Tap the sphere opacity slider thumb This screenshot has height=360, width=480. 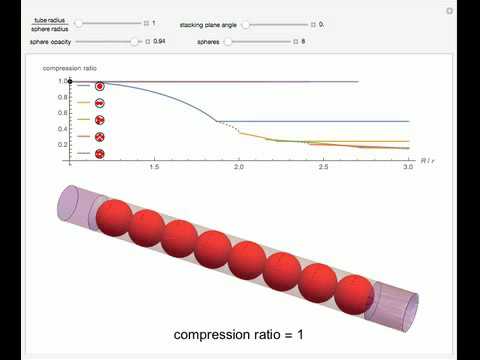(x=135, y=42)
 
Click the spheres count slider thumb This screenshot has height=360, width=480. (x=229, y=42)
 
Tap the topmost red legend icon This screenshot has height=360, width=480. (x=99, y=87)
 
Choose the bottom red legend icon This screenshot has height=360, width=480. (x=99, y=154)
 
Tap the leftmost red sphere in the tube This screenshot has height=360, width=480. (x=115, y=217)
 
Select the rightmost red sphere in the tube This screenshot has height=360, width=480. (x=354, y=294)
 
